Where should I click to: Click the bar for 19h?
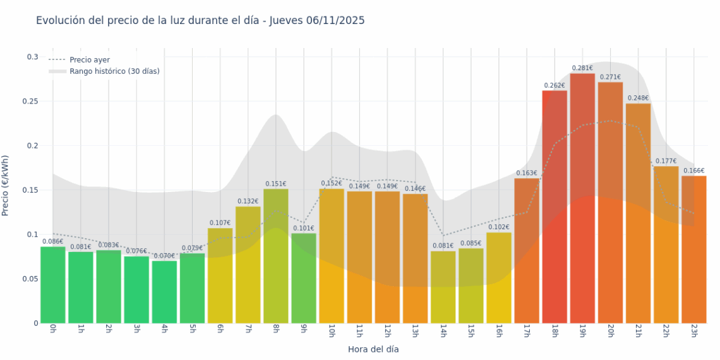(582, 198)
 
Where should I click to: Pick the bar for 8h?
(275, 256)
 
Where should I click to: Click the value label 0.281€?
(582, 68)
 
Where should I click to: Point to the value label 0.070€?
(164, 256)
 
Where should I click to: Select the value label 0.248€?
(638, 98)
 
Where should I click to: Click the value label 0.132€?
(248, 201)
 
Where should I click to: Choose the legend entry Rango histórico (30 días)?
(114, 71)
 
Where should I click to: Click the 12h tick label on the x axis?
(387, 330)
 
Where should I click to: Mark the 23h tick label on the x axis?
(693, 330)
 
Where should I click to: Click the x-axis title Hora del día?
(373, 349)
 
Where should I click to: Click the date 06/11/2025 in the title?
(335, 21)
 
